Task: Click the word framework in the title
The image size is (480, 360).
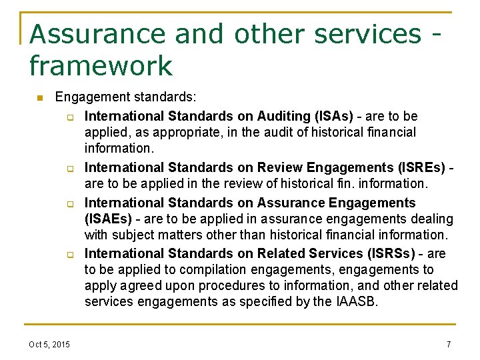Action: (x=101, y=65)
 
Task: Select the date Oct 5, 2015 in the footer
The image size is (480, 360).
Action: (x=49, y=344)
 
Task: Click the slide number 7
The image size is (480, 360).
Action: (x=449, y=344)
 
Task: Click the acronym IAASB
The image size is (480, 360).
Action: (x=357, y=301)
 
